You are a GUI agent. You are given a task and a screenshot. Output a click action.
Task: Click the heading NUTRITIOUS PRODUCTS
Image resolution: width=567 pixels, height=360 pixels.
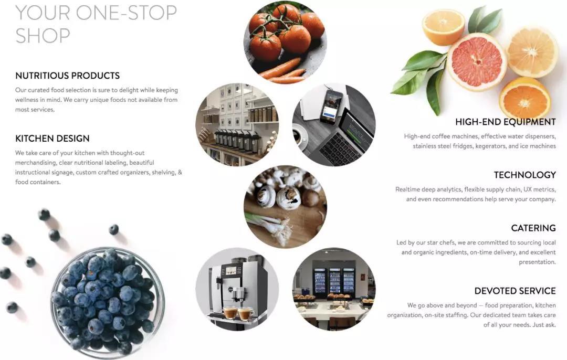point(67,76)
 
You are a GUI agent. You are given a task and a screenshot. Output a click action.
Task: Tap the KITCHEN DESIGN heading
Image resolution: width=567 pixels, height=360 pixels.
point(52,139)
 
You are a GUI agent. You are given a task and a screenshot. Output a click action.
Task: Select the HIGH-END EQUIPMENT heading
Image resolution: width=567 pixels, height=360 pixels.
point(506,122)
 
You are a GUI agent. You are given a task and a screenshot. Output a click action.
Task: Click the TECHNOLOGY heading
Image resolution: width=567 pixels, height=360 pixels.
point(525,175)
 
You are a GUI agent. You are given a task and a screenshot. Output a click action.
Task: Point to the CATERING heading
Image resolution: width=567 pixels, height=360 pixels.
point(533,228)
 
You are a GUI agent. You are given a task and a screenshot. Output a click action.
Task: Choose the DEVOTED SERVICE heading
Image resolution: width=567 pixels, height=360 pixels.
point(515,291)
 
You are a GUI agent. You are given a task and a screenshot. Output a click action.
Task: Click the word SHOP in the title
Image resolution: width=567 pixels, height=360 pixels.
point(43,35)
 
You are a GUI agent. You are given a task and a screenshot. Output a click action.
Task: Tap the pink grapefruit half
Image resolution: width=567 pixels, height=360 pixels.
point(477,61)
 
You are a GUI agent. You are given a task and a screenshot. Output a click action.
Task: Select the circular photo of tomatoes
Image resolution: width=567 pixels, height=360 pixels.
point(285,42)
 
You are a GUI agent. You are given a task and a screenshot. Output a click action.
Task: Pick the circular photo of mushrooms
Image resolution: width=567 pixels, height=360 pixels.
point(285,207)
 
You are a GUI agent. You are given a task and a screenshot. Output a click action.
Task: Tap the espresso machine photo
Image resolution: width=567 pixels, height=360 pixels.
point(237,289)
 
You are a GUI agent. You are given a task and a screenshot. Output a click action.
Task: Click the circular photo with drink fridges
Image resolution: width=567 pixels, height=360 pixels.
point(334,289)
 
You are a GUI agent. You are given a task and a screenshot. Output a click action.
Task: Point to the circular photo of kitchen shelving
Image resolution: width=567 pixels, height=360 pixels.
point(237,124)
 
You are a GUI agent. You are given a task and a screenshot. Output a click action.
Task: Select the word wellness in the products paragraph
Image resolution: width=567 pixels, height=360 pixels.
point(27,100)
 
